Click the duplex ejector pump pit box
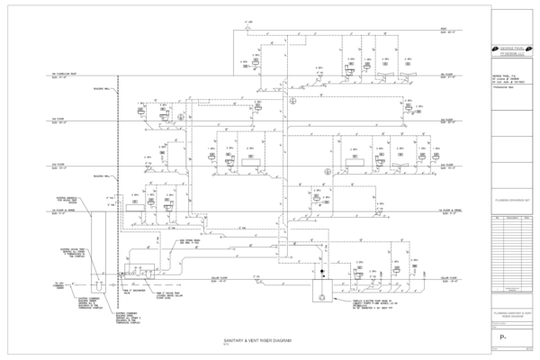(319, 292)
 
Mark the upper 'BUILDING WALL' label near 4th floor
(102, 88)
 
